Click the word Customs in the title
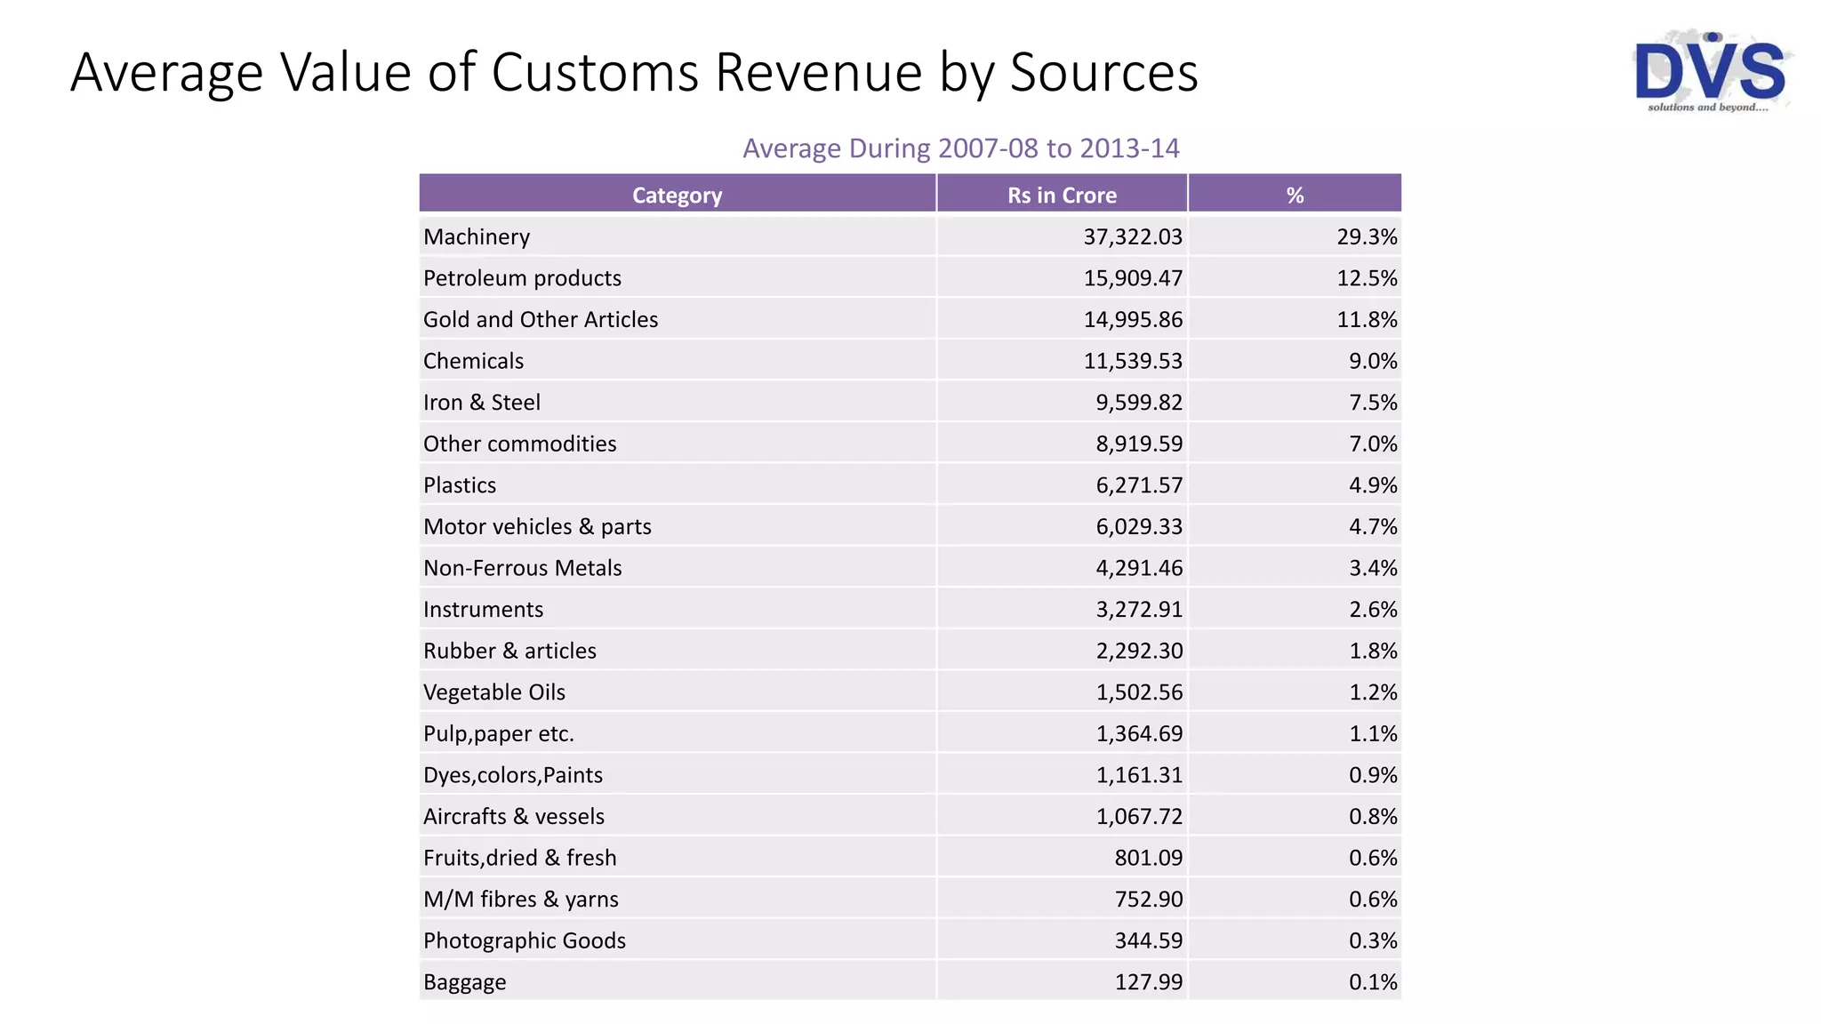(x=594, y=72)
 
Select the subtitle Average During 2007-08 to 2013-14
(x=960, y=148)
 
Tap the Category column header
(x=677, y=195)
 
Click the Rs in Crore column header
(x=1062, y=195)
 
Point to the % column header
(x=1295, y=195)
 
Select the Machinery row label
(x=477, y=236)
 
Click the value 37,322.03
(x=1133, y=236)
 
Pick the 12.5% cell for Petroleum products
(x=1367, y=278)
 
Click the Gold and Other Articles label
(x=541, y=319)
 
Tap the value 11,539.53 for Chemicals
(x=1133, y=361)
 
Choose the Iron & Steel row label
(x=482, y=403)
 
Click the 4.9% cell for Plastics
(x=1373, y=485)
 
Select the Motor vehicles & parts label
(x=537, y=526)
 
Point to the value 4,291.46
(x=1139, y=568)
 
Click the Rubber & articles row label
(x=509, y=651)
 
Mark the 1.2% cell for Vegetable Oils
(x=1373, y=692)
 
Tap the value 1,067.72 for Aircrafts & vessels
(x=1139, y=816)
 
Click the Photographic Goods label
(x=525, y=940)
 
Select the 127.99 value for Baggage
(x=1149, y=982)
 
